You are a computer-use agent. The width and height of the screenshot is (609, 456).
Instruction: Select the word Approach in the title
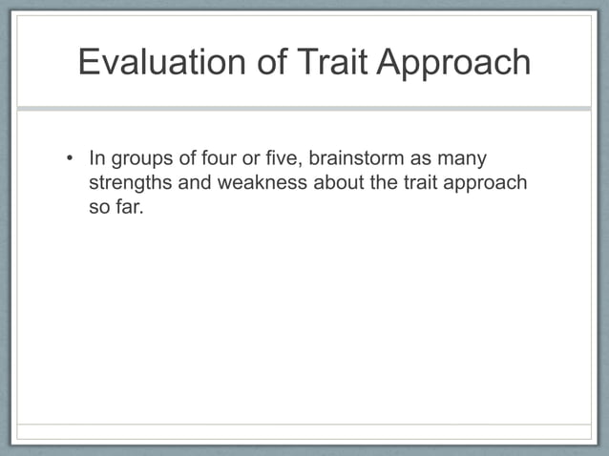(455, 65)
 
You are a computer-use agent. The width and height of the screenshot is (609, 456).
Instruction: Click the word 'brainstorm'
(359, 156)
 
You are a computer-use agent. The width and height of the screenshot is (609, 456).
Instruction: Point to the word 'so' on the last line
(98, 207)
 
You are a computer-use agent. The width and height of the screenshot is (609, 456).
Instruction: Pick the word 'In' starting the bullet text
(95, 156)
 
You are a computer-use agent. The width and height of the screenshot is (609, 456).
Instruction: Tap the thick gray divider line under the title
(304, 109)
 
